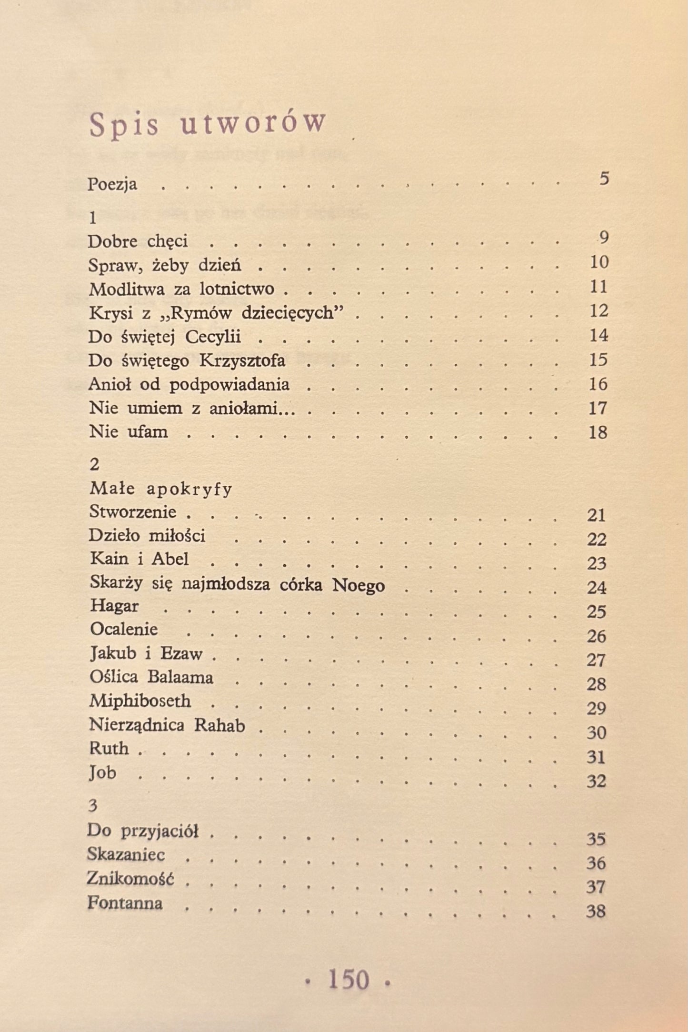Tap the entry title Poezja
coord(113,184)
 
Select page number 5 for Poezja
coord(604,179)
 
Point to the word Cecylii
coord(213,337)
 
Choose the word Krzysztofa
coord(242,361)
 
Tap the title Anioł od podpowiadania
coord(189,384)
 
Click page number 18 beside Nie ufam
coord(598,432)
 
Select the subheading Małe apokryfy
coord(161,488)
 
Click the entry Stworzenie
coord(133,512)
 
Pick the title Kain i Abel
coord(139,559)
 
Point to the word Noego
coord(358,585)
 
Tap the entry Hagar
coord(114,606)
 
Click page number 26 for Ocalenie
coord(596,636)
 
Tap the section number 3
coord(93,805)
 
